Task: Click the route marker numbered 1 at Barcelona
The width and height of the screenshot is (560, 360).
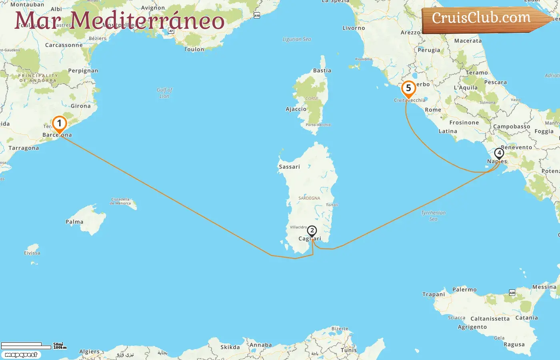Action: pos(59,124)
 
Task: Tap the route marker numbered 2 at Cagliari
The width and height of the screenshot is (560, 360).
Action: pos(312,231)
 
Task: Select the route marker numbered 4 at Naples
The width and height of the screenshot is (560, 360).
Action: pos(499,153)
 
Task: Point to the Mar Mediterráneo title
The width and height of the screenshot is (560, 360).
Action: pos(119,21)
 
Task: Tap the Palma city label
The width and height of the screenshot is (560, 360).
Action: pos(74,222)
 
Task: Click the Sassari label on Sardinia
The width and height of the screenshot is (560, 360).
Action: pos(289,167)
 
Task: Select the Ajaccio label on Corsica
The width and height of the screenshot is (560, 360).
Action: pos(296,109)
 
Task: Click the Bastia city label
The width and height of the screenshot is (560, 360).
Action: pos(322,71)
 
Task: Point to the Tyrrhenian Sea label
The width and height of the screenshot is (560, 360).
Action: pos(433,216)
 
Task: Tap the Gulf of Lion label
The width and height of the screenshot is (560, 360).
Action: pos(164,93)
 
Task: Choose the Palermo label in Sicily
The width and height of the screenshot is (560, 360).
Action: pos(464,290)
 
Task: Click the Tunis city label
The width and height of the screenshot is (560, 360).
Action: pos(348,350)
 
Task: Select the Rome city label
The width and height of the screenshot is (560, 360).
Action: pos(433,110)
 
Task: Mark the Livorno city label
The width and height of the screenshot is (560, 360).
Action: pos(354,28)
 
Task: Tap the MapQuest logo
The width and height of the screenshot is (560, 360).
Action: pos(21,355)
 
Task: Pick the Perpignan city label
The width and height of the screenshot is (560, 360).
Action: pos(83,71)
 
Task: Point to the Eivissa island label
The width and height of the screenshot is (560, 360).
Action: pos(32,253)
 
